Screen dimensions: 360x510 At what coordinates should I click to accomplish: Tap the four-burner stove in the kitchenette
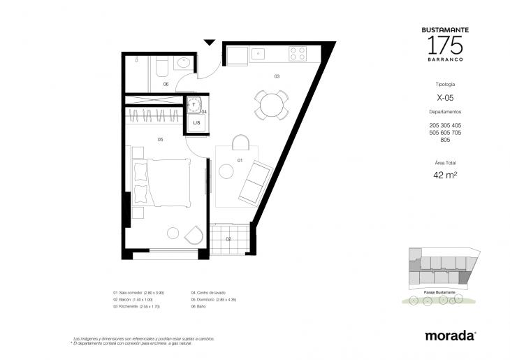click(297, 52)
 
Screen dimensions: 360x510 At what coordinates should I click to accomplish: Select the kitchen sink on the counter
click(258, 52)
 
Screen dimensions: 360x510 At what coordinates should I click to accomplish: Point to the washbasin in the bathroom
click(184, 64)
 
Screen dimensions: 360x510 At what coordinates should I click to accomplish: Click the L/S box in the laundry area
click(196, 123)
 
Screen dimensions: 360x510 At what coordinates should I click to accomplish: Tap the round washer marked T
click(194, 105)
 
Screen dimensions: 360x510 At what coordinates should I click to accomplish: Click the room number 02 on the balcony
click(228, 239)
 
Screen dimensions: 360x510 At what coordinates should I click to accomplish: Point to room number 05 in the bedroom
click(160, 140)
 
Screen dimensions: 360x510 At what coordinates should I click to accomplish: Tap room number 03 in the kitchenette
click(277, 75)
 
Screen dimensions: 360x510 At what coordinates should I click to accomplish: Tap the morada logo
click(451, 336)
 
